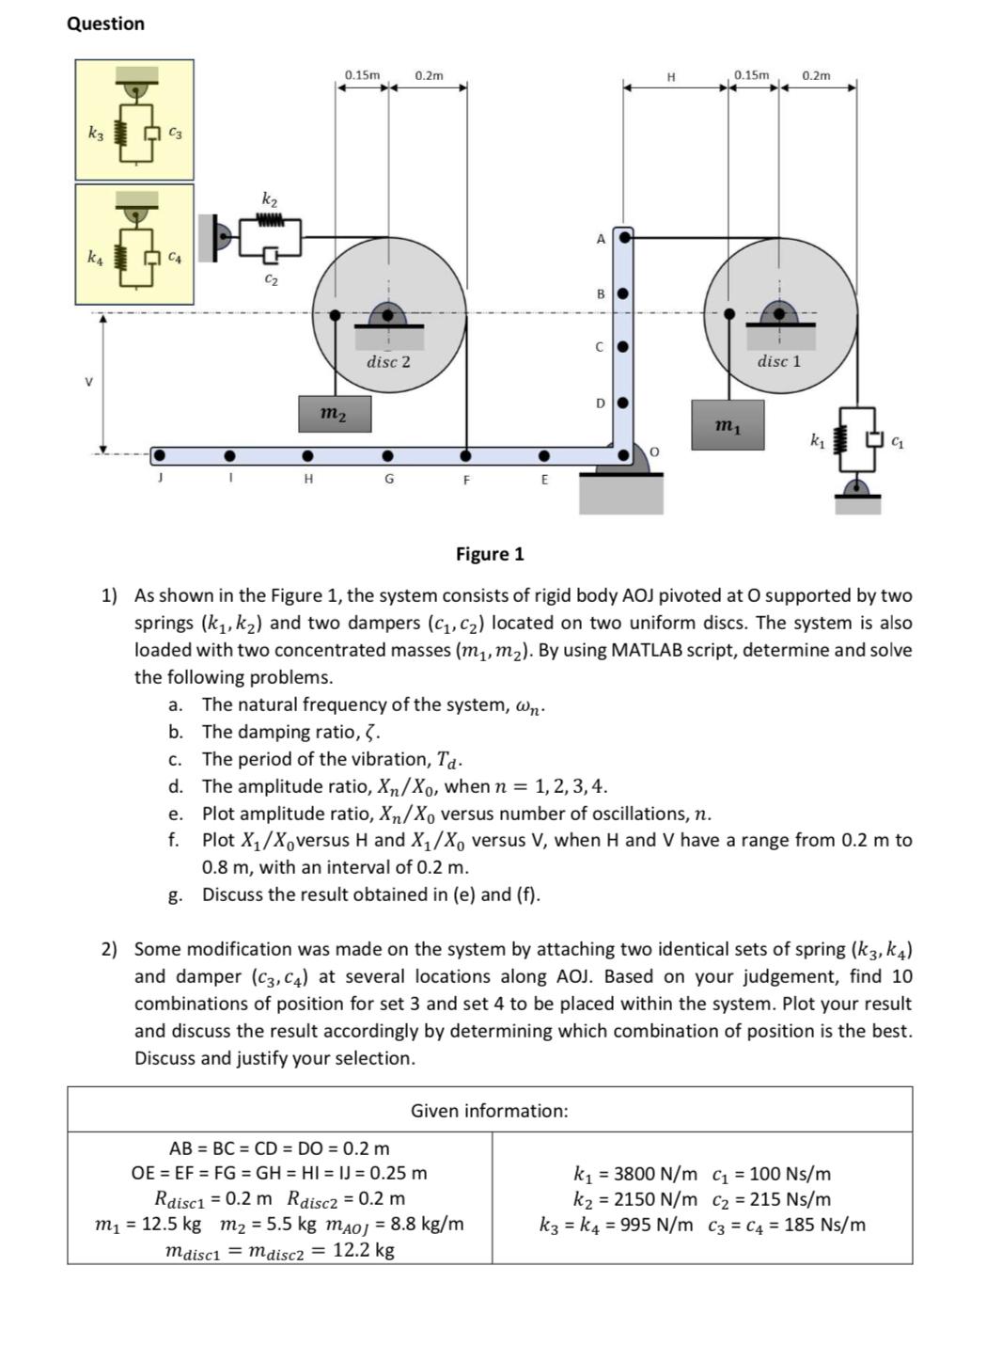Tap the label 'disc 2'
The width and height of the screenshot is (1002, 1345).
pos(388,361)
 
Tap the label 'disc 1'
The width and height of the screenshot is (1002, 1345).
pos(779,361)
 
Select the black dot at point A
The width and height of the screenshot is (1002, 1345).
pos(623,237)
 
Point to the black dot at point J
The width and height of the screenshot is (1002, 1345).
pos(160,456)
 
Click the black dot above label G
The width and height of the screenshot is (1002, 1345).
pos(387,456)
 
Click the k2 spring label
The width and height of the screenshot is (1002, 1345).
pos(270,199)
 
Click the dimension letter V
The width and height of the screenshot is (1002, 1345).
pos(89,382)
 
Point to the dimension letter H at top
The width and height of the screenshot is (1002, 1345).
pos(670,77)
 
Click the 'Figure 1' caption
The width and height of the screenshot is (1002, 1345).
pos(490,554)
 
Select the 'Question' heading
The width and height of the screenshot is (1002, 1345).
pos(105,24)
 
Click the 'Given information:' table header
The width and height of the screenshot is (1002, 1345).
pos(489,1111)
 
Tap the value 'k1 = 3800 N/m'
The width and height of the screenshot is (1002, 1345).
pos(635,1174)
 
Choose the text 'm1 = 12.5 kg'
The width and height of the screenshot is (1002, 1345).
pos(149,1225)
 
